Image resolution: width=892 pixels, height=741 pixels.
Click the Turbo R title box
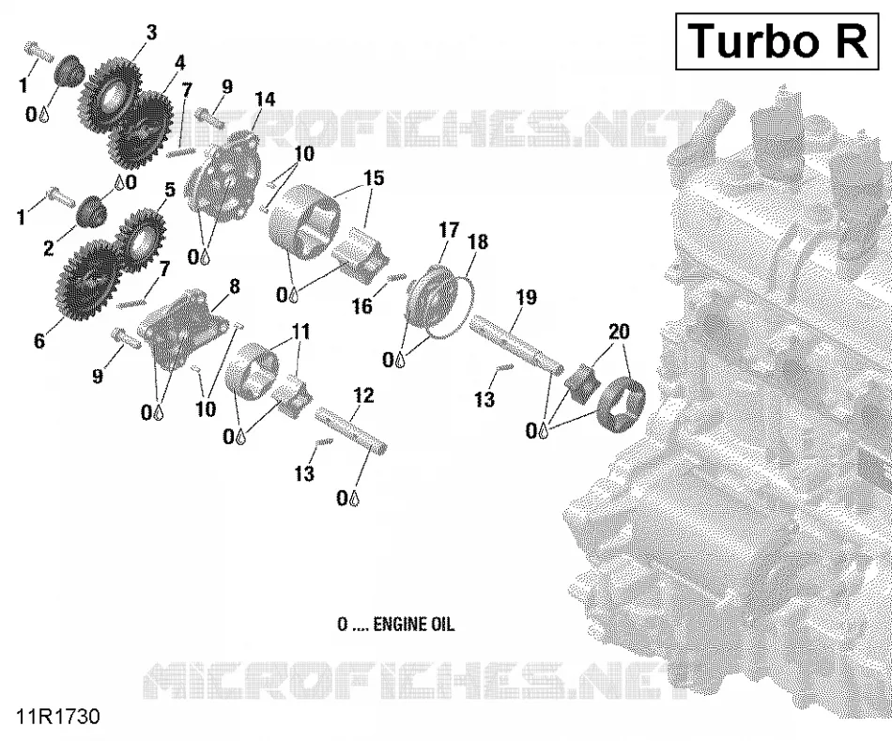pyautogui.click(x=777, y=42)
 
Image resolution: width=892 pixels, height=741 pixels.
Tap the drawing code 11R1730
pyautogui.click(x=58, y=717)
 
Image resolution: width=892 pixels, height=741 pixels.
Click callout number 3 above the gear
pyautogui.click(x=151, y=33)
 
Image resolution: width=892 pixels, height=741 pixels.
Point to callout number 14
pyautogui.click(x=265, y=100)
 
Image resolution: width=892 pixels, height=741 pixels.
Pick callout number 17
pyautogui.click(x=448, y=230)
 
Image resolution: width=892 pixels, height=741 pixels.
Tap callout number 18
pyautogui.click(x=478, y=241)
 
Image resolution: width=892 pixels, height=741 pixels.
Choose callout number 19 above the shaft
pyautogui.click(x=526, y=297)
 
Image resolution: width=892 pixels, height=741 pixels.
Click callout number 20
pyautogui.click(x=619, y=331)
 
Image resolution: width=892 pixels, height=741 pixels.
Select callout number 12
pyautogui.click(x=363, y=395)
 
